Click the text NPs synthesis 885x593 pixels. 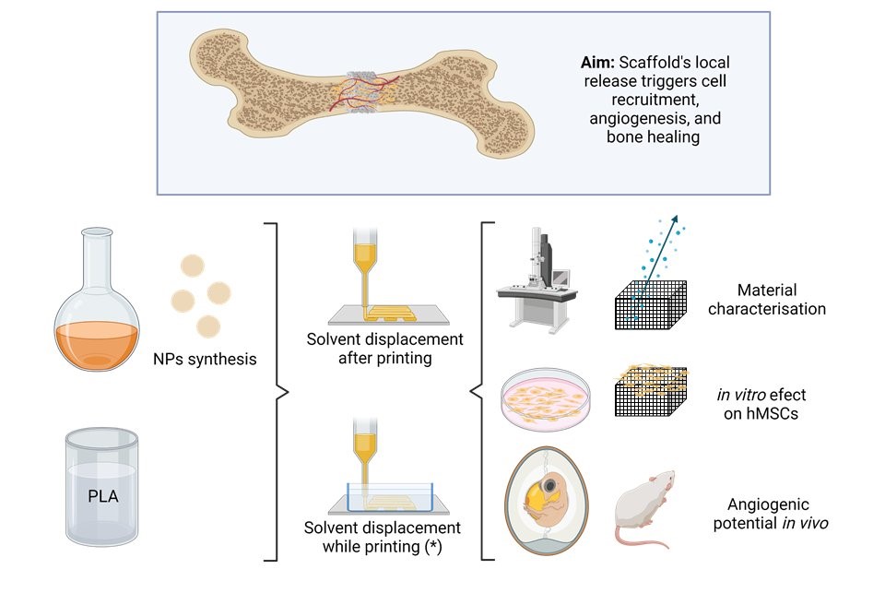click(x=205, y=359)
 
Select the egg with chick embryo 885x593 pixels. click(x=541, y=503)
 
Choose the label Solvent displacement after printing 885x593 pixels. click(x=384, y=349)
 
